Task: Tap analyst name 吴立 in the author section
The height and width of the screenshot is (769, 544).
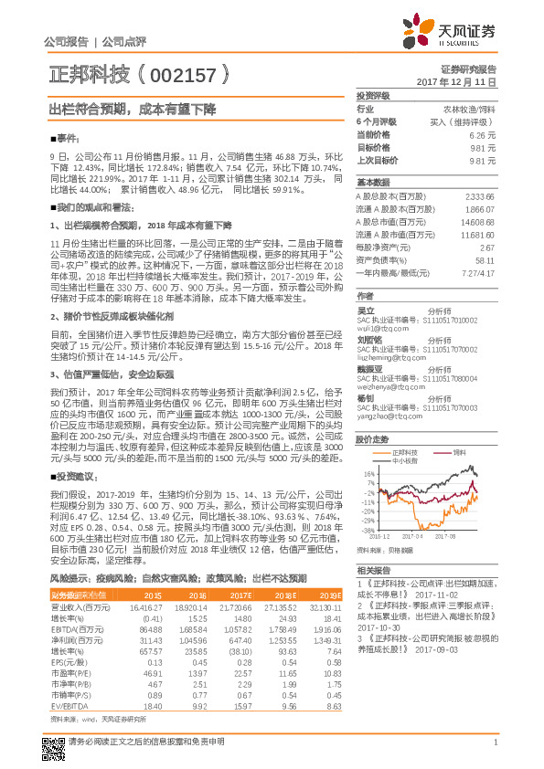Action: pyautogui.click(x=366, y=311)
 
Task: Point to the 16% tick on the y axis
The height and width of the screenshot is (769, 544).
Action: pyautogui.click(x=368, y=474)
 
